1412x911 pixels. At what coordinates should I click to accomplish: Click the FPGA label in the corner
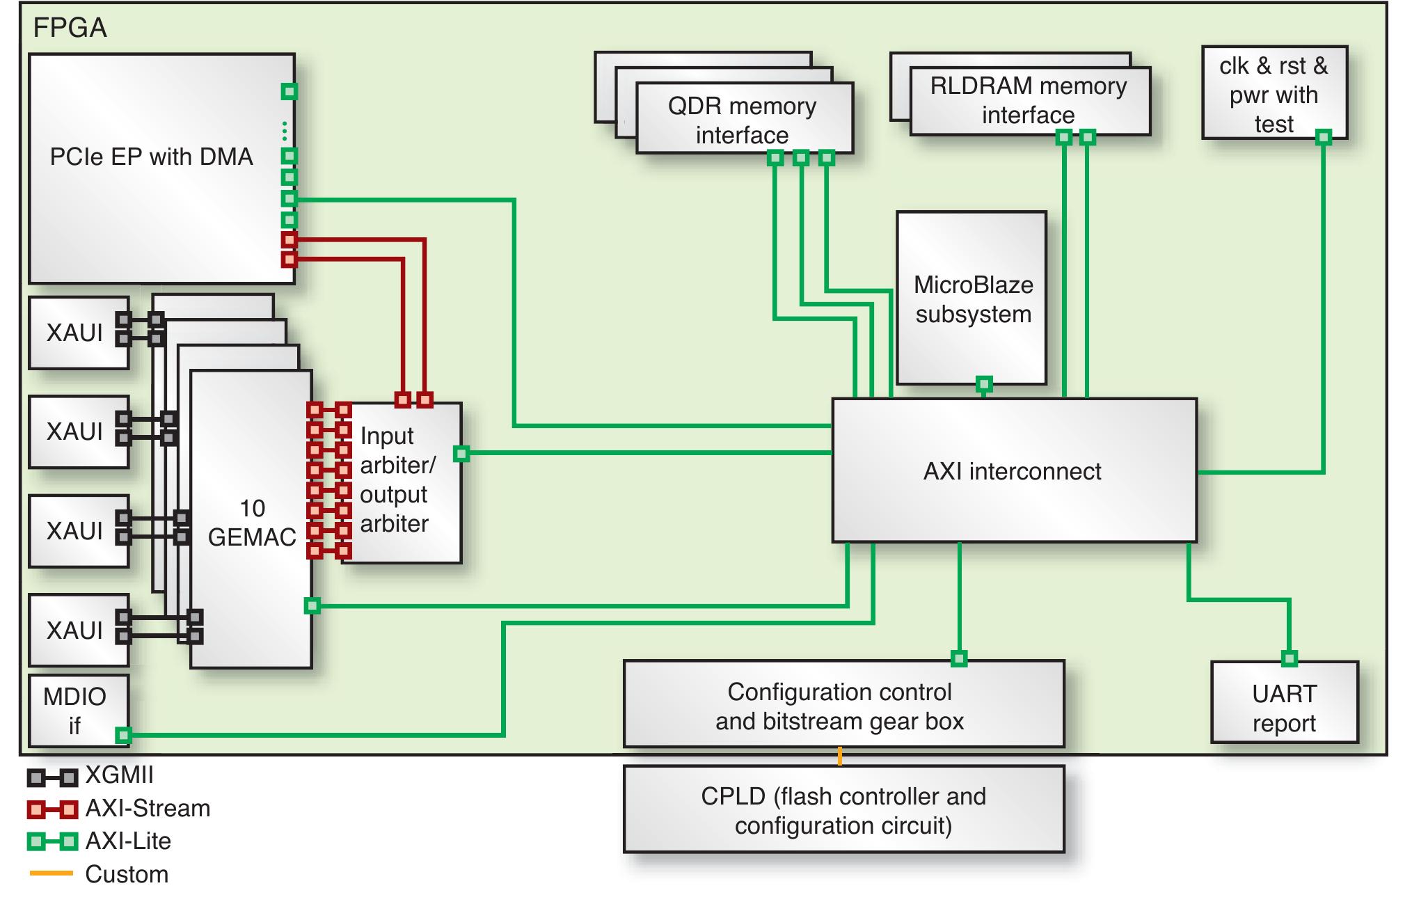tap(70, 28)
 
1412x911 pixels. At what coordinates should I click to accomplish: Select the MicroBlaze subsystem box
tap(972, 299)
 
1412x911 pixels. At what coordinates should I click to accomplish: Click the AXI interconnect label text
tap(1012, 472)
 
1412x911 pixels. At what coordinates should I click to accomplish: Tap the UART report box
tap(1284, 708)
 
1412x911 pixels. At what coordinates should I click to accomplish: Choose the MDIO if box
tap(74, 710)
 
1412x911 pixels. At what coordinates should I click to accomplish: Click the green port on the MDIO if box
tap(122, 735)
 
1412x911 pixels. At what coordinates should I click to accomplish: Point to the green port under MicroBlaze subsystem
tap(983, 383)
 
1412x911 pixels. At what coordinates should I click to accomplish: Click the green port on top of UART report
tap(1289, 658)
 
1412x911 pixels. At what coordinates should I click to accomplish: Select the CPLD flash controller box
tap(843, 810)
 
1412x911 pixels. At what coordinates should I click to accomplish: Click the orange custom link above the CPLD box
tap(840, 756)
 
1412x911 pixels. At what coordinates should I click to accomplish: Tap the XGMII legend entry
tap(118, 775)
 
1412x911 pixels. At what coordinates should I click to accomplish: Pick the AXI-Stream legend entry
tap(147, 809)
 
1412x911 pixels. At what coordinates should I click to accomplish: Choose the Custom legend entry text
tap(127, 874)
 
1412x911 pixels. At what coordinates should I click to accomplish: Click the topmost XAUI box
tap(75, 333)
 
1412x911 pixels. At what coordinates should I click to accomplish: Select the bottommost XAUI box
tap(75, 630)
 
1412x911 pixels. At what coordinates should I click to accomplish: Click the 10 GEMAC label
tap(252, 522)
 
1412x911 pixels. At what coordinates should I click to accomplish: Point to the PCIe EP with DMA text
tap(151, 157)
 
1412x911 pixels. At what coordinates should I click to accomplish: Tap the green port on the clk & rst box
tap(1323, 137)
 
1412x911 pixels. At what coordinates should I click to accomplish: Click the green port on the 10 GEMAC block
tap(312, 605)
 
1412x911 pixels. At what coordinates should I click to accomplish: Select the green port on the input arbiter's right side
tap(461, 454)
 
